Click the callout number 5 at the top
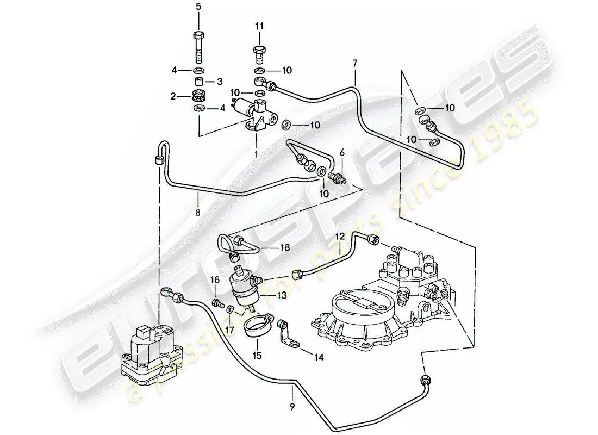pyautogui.click(x=198, y=7)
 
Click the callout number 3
pyautogui.click(x=220, y=82)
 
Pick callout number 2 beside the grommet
pyautogui.click(x=173, y=96)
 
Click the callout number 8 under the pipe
pyautogui.click(x=197, y=213)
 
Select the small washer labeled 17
pyautogui.click(x=231, y=309)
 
